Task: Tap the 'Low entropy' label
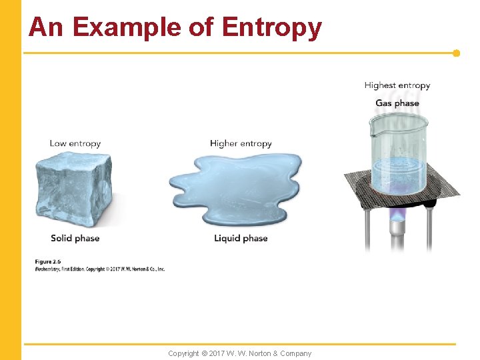pyautogui.click(x=75, y=143)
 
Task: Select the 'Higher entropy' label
pyautogui.click(x=241, y=143)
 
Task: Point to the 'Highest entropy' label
pyautogui.click(x=397, y=85)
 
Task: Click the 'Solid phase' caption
pyautogui.click(x=75, y=238)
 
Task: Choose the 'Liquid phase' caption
pyautogui.click(x=241, y=238)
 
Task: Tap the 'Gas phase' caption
pyautogui.click(x=397, y=103)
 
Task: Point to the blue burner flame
pyautogui.click(x=398, y=214)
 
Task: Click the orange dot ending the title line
pyautogui.click(x=457, y=53)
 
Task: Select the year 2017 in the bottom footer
pyautogui.click(x=217, y=353)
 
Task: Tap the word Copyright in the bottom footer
pyautogui.click(x=183, y=353)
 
